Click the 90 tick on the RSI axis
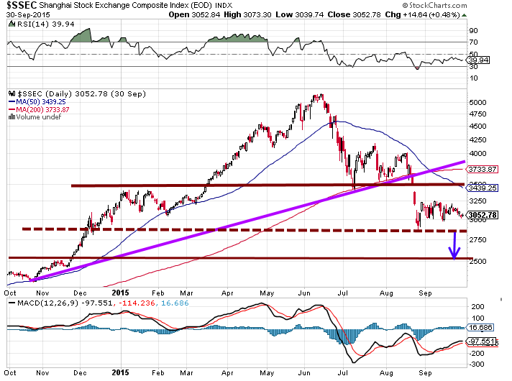coord(474,32)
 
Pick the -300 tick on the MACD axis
coord(477,364)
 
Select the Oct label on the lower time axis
coord(11,373)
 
